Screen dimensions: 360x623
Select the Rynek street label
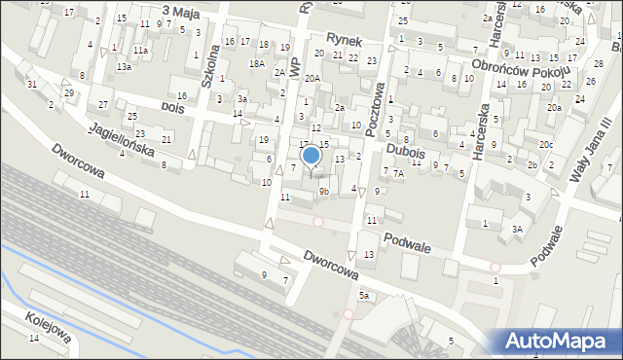[345, 41]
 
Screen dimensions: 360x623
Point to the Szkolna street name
[207, 68]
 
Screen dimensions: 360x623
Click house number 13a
[124, 67]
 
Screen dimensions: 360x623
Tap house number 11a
[141, 50]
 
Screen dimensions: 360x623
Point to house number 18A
[256, 63]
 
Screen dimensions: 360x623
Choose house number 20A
[312, 78]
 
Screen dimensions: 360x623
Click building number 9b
[324, 192]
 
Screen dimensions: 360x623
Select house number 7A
[398, 173]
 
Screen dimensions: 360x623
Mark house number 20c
[547, 145]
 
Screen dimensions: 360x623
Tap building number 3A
[518, 229]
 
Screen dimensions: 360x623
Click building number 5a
[364, 294]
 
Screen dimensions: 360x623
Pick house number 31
[32, 85]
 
